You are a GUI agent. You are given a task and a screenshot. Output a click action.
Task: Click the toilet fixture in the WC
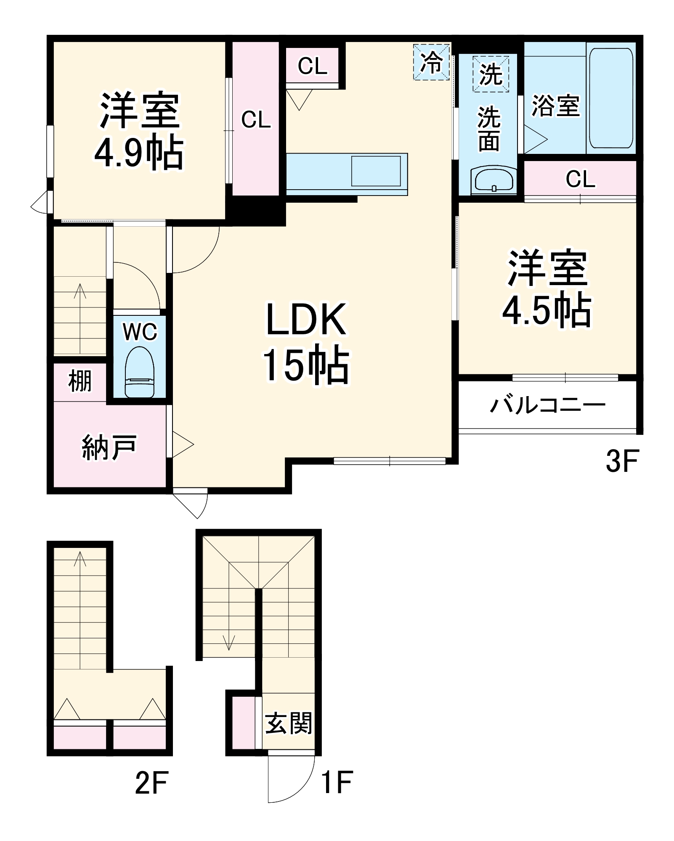140,372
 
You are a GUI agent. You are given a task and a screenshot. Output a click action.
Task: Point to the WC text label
140,332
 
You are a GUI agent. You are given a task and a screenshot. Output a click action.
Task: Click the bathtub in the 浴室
611,98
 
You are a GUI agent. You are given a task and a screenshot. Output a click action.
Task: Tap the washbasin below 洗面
494,180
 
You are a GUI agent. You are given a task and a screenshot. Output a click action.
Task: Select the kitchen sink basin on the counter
376,171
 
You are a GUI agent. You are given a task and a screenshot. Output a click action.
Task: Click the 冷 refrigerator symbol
432,62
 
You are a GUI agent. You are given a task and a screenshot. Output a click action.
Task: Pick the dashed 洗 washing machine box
491,74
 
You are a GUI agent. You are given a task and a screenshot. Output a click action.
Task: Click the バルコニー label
547,405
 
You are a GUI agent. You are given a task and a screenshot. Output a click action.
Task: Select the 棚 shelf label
80,381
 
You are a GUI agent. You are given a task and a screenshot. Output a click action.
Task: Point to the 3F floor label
622,461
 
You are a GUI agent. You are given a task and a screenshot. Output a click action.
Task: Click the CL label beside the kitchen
312,66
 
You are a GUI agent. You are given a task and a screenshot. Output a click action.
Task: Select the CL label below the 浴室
580,179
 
